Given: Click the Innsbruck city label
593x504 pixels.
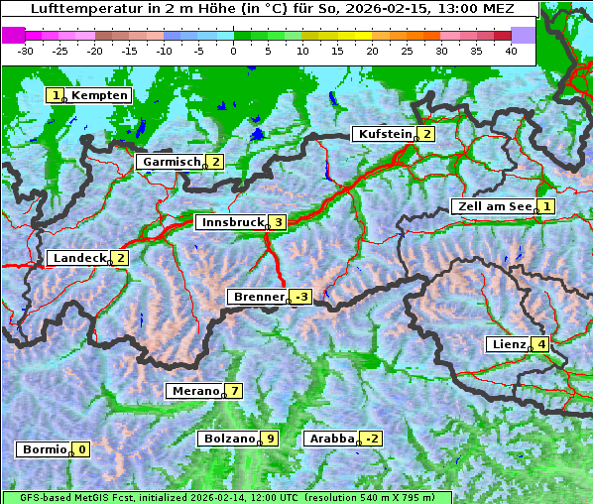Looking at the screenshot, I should tap(231, 223).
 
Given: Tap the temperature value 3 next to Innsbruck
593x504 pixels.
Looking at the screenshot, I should tap(279, 223).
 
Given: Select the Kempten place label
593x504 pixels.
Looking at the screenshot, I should tap(100, 95).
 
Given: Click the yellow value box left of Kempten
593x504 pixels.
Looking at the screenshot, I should tap(56, 95).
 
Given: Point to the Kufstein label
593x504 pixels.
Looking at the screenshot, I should tap(384, 134).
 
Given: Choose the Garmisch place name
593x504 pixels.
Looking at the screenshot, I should tap(172, 162).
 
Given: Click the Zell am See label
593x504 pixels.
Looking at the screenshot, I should tap(492, 206).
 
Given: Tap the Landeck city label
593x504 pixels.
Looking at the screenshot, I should tap(78, 258).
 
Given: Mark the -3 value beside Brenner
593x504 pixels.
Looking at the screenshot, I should tap(301, 297).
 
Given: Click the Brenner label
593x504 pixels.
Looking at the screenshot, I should tap(258, 297).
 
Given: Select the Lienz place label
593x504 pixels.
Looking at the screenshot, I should tap(508, 345).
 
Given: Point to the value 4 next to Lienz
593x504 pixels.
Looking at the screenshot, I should tap(541, 345).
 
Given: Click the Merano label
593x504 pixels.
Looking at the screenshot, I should tap(194, 391).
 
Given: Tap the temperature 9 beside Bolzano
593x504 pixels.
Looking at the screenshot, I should tap(269, 439).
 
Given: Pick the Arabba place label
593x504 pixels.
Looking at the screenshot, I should tap(331, 439).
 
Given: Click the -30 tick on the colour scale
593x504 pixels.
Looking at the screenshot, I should tap(26, 51).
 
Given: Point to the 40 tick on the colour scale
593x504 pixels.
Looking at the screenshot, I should tap(511, 51).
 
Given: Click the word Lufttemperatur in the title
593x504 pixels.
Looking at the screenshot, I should tap(79, 8).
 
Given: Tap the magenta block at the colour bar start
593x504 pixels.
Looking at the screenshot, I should tap(13, 35).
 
